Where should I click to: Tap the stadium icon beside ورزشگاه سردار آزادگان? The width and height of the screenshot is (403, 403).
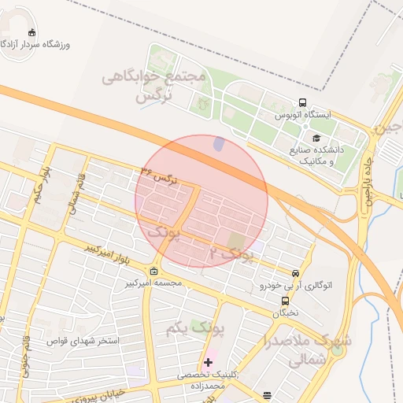31,33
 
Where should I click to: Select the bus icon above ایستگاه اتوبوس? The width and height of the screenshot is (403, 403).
302,103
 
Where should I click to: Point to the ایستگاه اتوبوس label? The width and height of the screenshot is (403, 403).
303,115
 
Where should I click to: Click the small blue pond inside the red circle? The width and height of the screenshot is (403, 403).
219,145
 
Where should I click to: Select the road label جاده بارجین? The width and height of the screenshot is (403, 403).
367,179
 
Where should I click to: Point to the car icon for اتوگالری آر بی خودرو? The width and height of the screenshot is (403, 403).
295,273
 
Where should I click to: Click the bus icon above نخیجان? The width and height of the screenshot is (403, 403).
285,300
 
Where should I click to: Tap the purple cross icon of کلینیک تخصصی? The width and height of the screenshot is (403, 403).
208,362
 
